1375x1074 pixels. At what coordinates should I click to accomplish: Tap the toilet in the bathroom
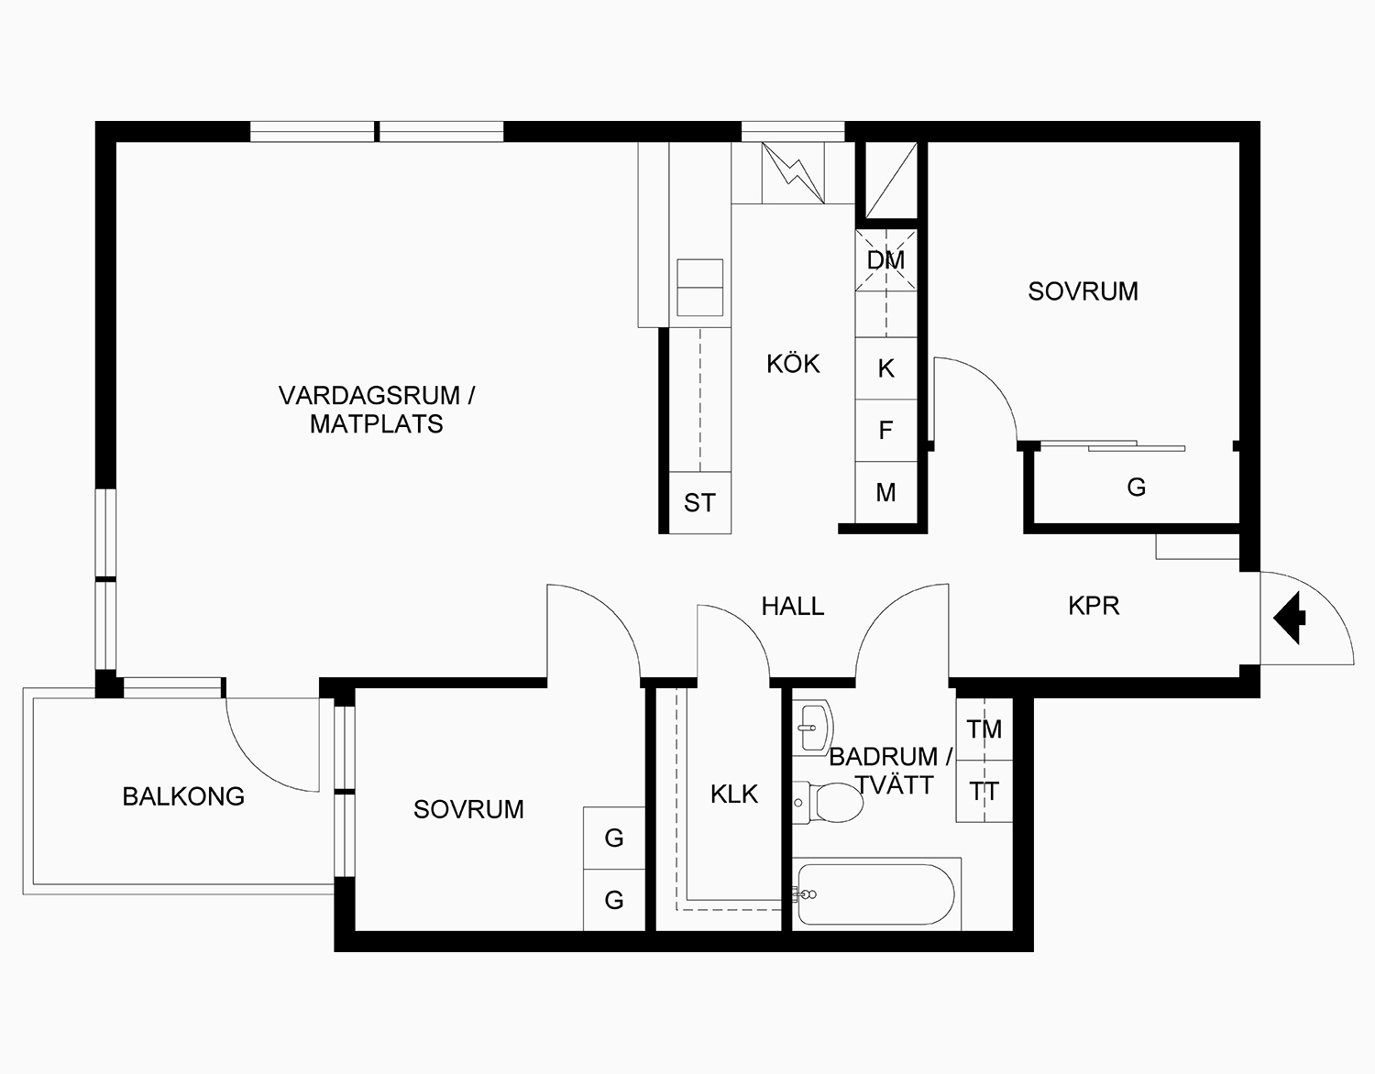(830, 803)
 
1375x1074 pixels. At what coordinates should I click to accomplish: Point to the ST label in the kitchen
(699, 503)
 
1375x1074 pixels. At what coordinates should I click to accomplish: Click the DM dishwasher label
(885, 260)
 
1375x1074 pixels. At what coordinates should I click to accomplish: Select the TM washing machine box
(984, 729)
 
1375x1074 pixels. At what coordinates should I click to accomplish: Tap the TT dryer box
(984, 791)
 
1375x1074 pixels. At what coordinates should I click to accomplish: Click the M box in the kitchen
(885, 493)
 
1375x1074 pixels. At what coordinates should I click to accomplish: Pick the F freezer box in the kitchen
(885, 430)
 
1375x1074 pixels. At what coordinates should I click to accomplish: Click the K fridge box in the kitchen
(885, 368)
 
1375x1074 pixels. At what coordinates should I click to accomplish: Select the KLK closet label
(734, 794)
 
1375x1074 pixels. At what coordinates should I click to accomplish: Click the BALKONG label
(183, 796)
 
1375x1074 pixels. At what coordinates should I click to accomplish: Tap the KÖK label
(793, 364)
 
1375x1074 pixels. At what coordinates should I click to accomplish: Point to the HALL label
(793, 606)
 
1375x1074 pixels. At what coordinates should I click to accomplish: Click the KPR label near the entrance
(1094, 606)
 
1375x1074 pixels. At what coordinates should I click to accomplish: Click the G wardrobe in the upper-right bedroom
(1136, 488)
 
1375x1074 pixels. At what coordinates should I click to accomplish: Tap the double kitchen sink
(699, 288)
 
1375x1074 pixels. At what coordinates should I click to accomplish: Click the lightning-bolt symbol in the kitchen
(793, 173)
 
